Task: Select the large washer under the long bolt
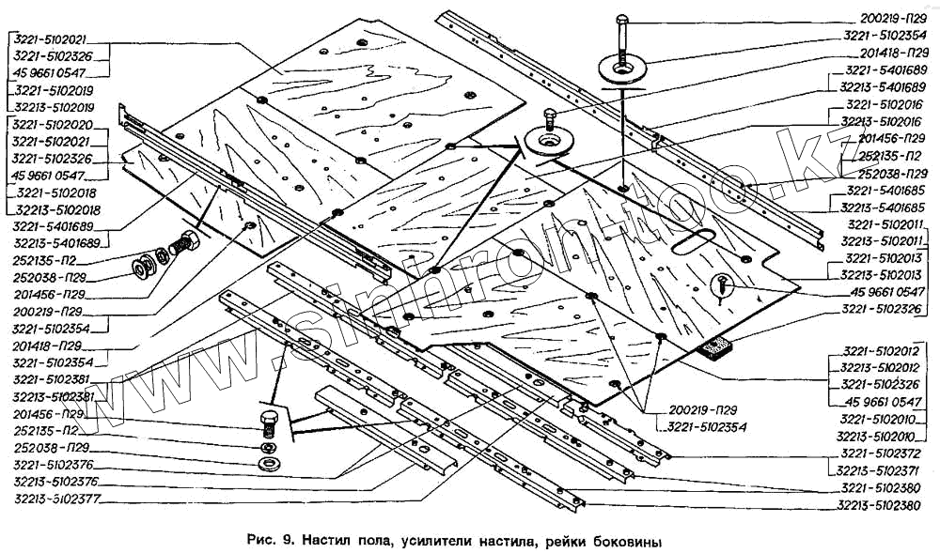tap(619, 70)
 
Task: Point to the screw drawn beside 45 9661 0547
tap(722, 284)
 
